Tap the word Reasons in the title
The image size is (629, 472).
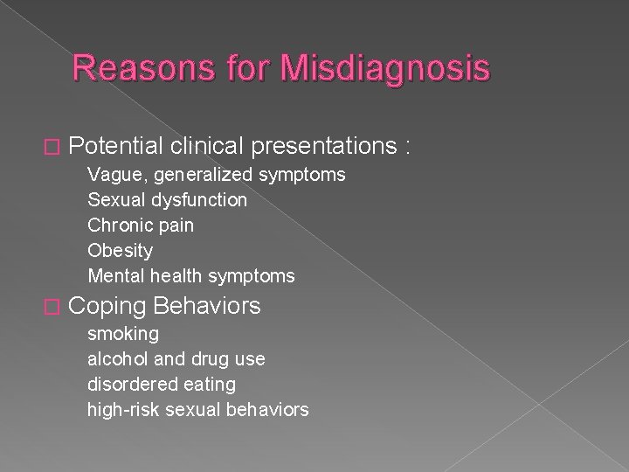(129, 69)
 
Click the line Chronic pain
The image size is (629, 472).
(141, 226)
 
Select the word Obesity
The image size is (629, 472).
(120, 251)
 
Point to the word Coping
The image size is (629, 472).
(107, 307)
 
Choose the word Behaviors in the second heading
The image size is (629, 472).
(208, 306)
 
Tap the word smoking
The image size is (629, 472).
(122, 334)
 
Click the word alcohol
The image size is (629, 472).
(116, 358)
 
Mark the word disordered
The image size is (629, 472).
(128, 384)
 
